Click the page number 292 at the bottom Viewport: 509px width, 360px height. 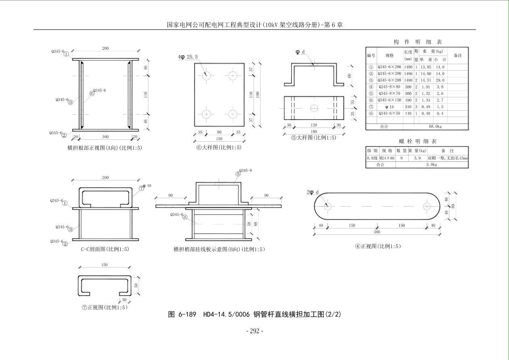tap(255, 331)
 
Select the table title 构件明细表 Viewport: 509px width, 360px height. tap(417, 42)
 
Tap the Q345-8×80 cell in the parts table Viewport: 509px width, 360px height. tap(389, 87)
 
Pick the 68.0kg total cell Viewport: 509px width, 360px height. tap(436, 127)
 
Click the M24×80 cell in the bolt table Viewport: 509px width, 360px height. tap(387, 159)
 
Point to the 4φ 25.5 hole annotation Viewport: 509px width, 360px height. tap(188, 57)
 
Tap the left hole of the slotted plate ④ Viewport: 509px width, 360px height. tap(327, 206)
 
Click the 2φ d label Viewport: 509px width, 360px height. tap(313, 192)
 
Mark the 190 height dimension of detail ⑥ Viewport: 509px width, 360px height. tap(258, 94)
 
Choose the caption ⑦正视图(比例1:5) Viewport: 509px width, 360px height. tap(104, 308)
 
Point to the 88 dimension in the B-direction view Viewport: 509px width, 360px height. tap(256, 224)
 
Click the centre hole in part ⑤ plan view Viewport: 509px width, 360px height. tap(314, 108)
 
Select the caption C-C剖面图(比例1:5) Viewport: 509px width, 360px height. tap(105, 249)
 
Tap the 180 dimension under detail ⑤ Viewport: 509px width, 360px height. tap(314, 132)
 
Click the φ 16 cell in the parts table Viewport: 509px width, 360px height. tap(389, 107)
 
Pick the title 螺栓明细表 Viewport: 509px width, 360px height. tap(417, 141)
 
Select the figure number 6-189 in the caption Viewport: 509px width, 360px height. tap(187, 314)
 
